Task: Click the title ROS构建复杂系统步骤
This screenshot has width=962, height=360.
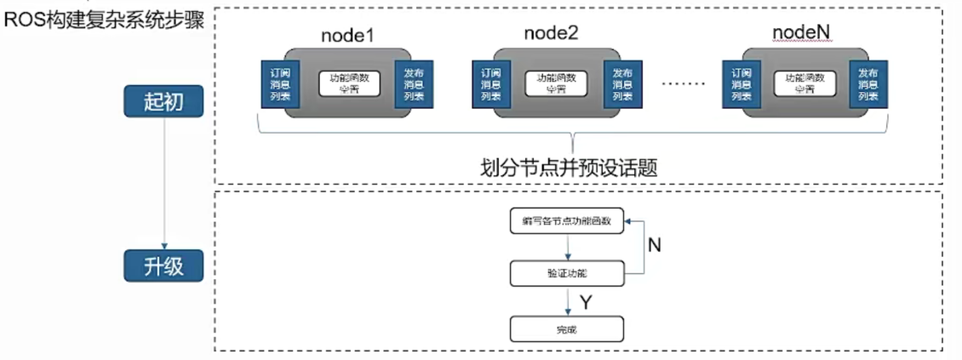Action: [104, 20]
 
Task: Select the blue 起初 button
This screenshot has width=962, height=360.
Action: [163, 101]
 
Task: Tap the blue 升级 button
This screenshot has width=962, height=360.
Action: [163, 266]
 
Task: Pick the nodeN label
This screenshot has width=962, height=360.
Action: [800, 34]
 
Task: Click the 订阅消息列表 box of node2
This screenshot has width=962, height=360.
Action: [485, 84]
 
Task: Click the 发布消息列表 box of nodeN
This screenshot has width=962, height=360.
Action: [869, 84]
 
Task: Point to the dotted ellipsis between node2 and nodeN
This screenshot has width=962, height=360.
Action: [684, 84]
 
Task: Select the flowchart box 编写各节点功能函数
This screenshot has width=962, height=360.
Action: [566, 221]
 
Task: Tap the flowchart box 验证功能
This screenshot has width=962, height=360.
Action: [566, 274]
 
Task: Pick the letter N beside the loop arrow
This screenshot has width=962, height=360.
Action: [655, 246]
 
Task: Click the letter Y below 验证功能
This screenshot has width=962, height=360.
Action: [586, 302]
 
